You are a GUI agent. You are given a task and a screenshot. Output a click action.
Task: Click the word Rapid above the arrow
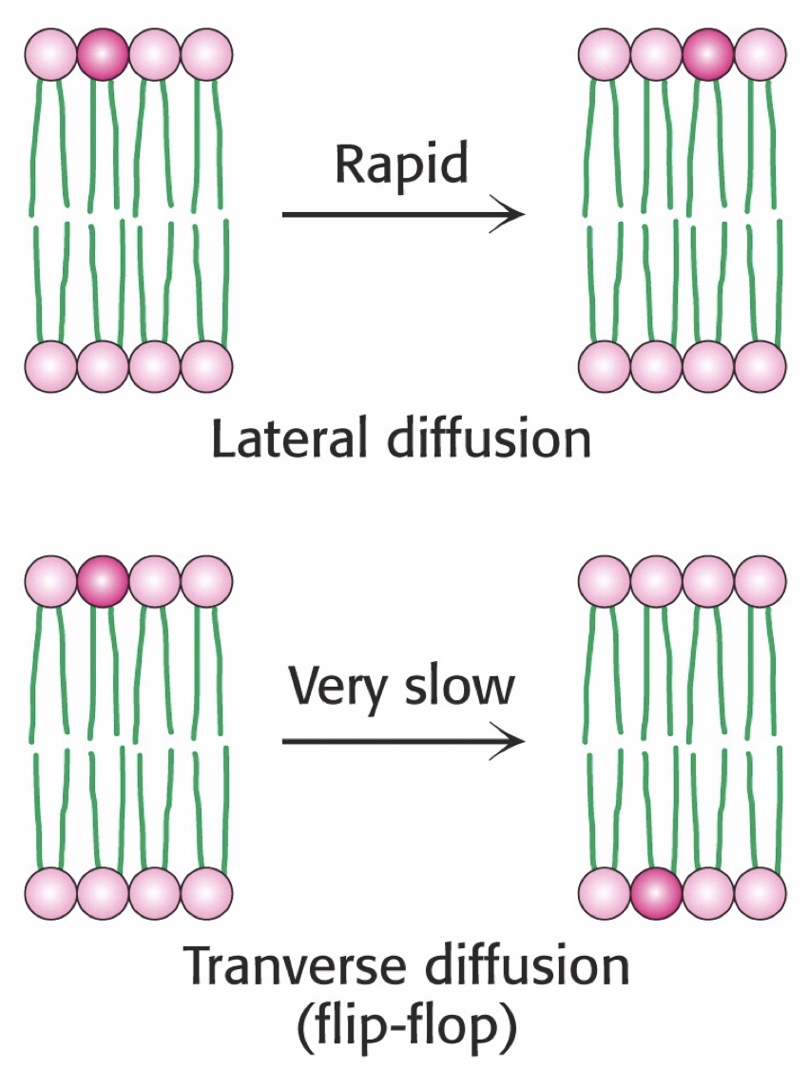402,165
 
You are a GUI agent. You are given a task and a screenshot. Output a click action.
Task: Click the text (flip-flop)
403,1026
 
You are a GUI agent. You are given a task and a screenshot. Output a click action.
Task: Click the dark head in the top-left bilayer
104,55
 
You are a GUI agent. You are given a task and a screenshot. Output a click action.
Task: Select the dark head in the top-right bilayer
708,55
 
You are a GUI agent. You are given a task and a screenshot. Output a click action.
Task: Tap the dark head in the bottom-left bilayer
104,580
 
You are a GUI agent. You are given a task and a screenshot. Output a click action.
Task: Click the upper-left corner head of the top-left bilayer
51,55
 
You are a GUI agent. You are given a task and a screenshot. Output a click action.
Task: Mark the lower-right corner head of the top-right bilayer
761,365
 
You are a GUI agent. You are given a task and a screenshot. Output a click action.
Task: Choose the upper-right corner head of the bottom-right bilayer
761,580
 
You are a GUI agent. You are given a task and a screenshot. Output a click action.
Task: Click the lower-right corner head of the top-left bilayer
206,365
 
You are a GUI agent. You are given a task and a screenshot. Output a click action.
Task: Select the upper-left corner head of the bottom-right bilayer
605,580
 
